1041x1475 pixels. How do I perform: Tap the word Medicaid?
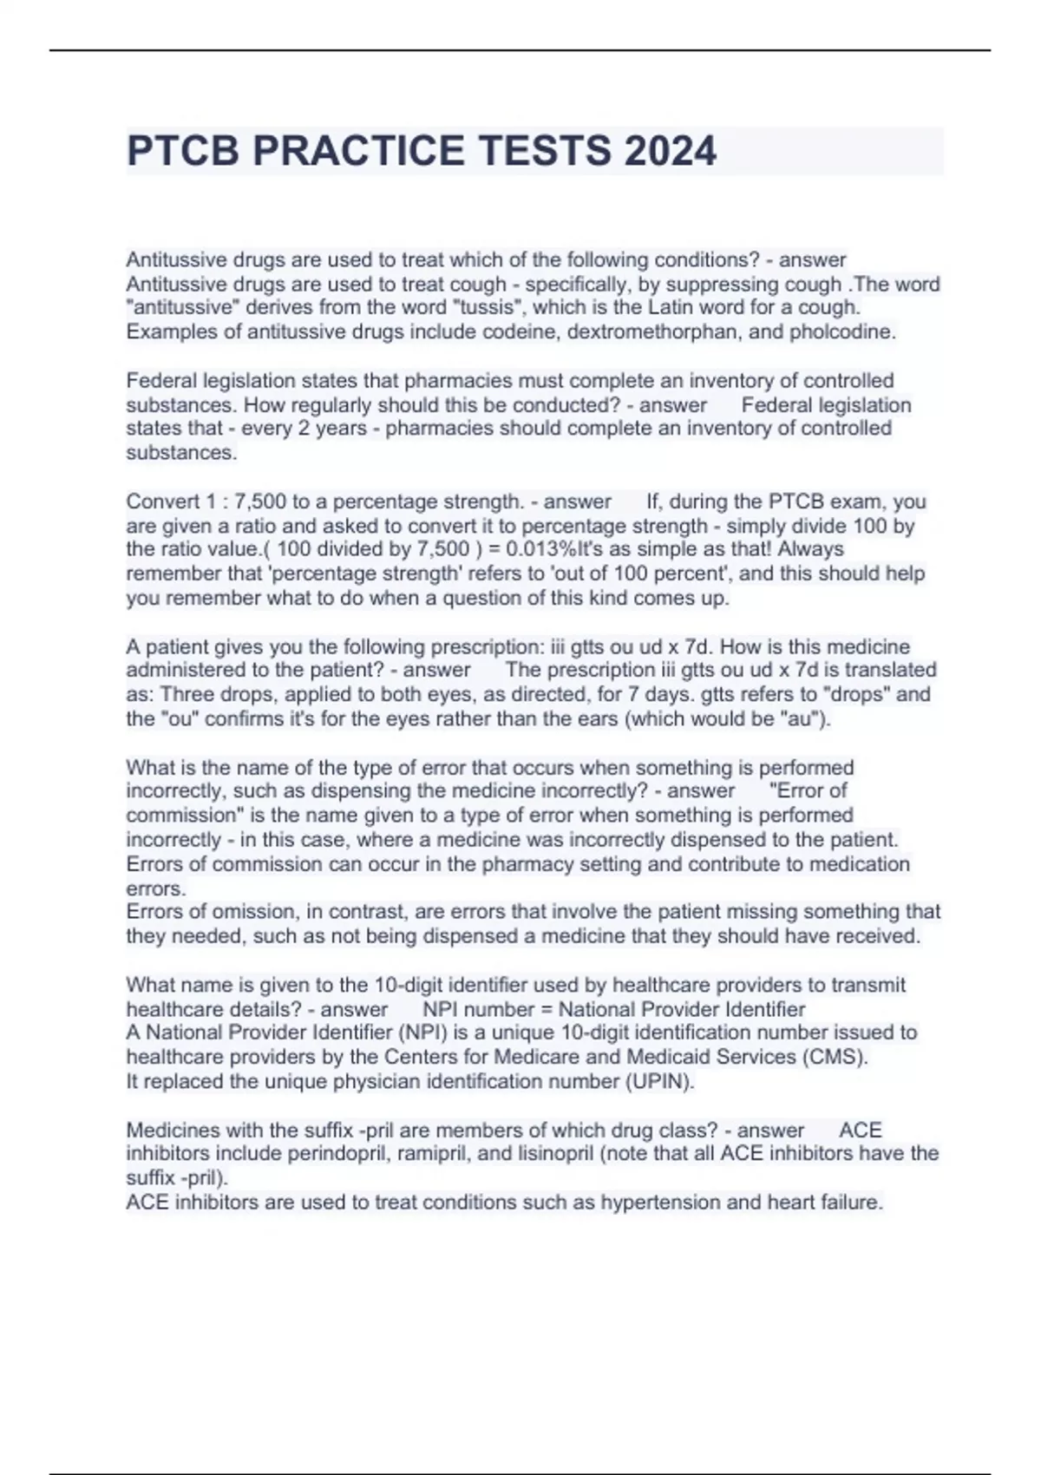point(666,1057)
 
